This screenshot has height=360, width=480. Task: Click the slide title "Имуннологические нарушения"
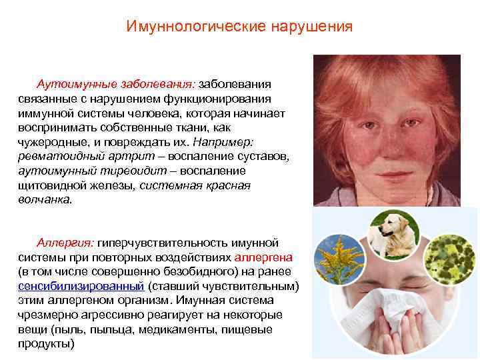point(239,27)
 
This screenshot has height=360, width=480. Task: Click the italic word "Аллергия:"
point(65,242)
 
